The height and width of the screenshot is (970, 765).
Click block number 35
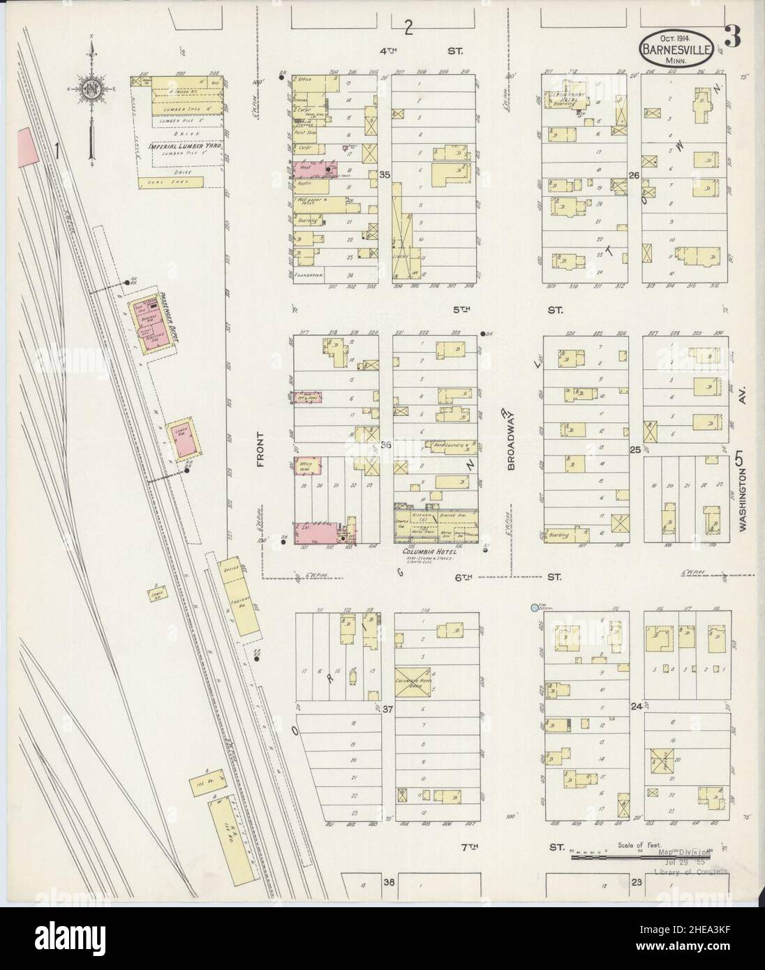point(384,176)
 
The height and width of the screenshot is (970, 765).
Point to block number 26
point(634,176)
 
